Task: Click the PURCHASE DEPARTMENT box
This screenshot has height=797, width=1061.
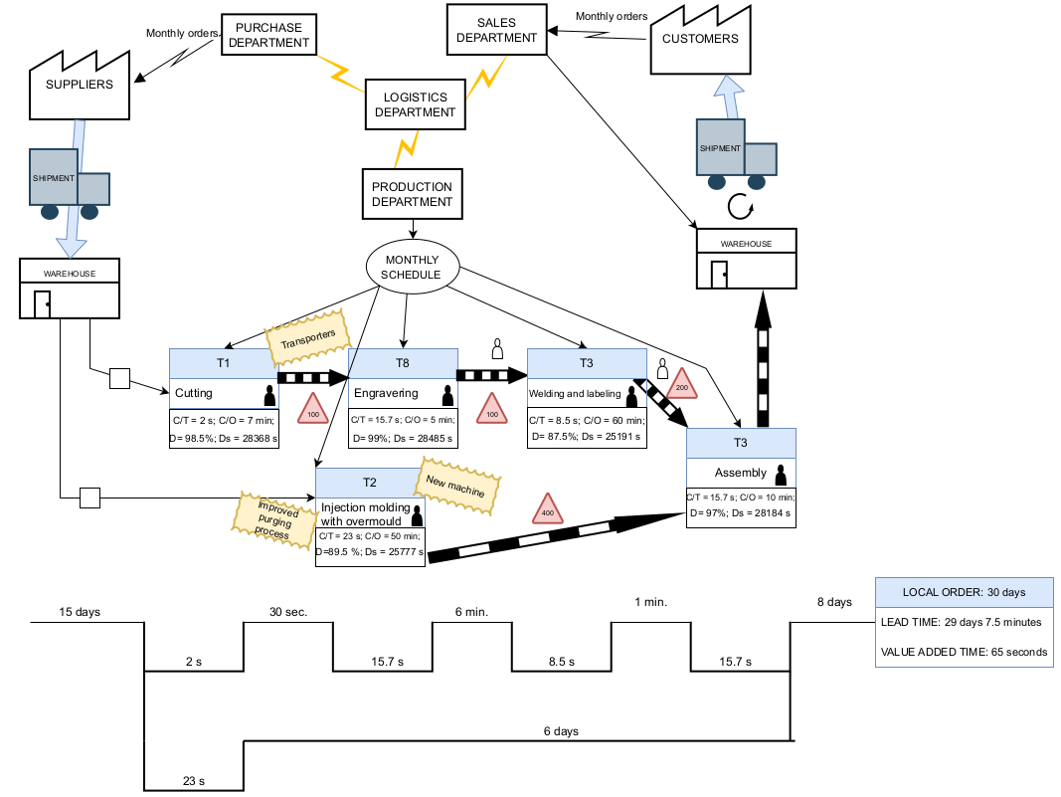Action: click(x=266, y=36)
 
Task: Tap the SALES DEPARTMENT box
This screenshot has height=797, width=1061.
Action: click(x=496, y=30)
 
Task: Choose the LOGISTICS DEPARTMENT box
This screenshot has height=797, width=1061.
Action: click(x=416, y=104)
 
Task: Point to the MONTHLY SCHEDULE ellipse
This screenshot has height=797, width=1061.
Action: click(x=413, y=267)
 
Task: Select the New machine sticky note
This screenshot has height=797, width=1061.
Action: click(x=456, y=487)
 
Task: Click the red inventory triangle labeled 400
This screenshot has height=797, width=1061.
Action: click(x=547, y=510)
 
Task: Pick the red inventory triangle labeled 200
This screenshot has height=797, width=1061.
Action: click(x=682, y=384)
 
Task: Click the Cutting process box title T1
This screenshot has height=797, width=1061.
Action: click(x=224, y=363)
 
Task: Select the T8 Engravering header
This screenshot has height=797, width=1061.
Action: click(x=403, y=363)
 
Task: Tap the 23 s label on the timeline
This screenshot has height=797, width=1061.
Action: click(x=194, y=781)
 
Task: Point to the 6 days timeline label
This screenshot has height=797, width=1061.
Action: click(x=561, y=731)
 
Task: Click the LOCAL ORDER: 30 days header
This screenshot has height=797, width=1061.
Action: click(x=964, y=592)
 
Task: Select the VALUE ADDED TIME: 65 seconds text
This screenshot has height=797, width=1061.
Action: click(x=964, y=653)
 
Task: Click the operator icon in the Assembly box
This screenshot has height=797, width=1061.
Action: click(x=781, y=474)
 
